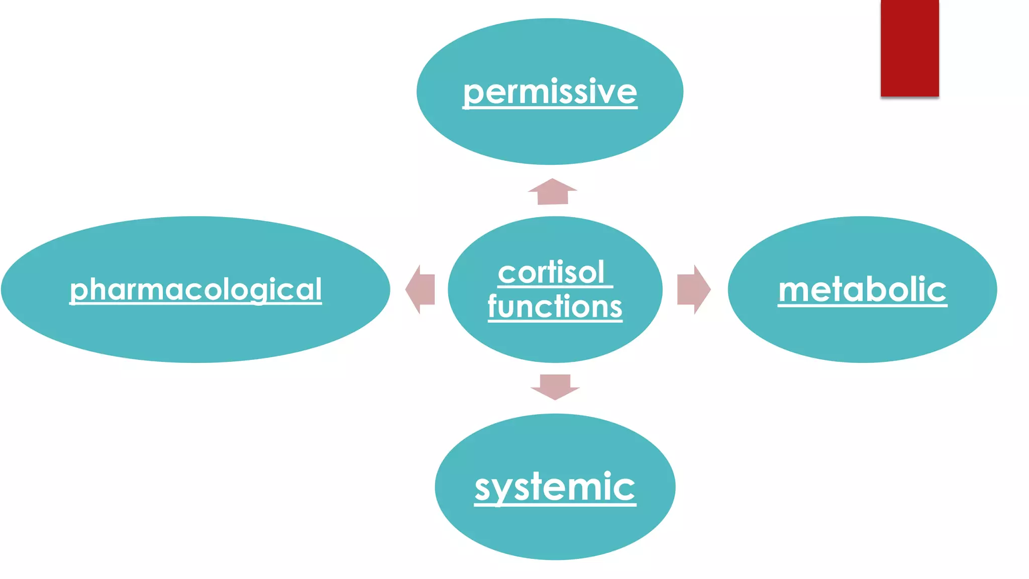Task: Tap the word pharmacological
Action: (195, 289)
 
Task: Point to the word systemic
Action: (555, 487)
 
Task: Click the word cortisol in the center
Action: (551, 273)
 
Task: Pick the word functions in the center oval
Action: (555, 307)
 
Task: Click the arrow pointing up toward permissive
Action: (553, 191)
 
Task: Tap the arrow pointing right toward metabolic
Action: (693, 289)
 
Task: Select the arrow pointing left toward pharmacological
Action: (421, 289)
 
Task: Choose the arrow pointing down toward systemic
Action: (555, 387)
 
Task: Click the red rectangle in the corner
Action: (909, 48)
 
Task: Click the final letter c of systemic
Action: (626, 489)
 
